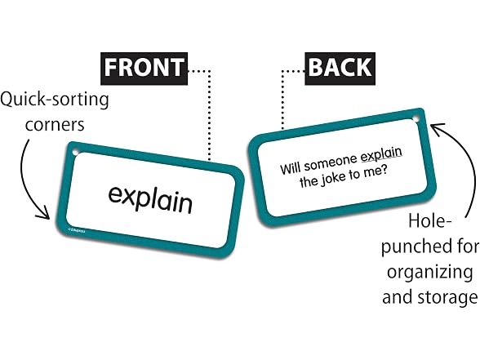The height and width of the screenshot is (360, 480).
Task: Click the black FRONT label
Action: click(x=144, y=69)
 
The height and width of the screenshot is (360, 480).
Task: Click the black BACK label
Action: click(x=340, y=69)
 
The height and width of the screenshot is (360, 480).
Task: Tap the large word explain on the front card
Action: click(x=150, y=199)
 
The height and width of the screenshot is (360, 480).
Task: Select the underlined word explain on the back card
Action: click(x=381, y=154)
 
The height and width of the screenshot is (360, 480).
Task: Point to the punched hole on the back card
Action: click(x=415, y=118)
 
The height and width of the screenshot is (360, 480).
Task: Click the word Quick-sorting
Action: click(x=55, y=100)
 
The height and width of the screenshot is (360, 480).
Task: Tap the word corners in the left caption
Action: click(x=55, y=125)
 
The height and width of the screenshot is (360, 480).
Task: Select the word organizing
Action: click(x=429, y=273)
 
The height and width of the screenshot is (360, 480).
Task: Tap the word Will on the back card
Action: click(x=291, y=168)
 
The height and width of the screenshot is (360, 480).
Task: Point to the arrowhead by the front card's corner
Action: click(x=43, y=213)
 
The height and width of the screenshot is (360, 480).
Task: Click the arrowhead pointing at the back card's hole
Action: click(x=438, y=129)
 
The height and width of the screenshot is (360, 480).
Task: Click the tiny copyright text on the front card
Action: click(x=77, y=230)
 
